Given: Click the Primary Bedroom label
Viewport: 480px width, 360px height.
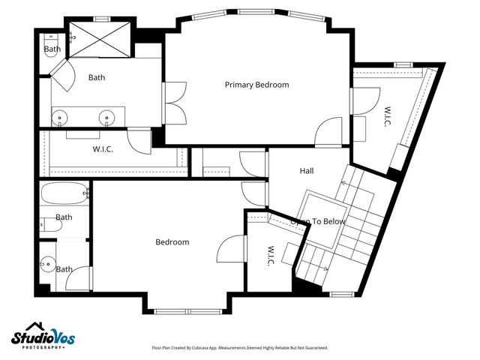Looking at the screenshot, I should point(256,85).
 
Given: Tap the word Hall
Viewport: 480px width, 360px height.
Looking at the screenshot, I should point(307,171).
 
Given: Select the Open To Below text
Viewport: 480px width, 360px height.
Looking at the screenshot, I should point(318,222).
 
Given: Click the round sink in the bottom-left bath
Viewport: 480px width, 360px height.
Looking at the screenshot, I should point(46,263).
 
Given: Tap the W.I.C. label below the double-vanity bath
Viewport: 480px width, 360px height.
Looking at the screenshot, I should point(103,148).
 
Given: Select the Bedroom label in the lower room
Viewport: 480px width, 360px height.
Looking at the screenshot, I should point(172,242).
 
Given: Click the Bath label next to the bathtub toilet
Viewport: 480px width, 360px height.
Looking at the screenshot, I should point(64,217).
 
